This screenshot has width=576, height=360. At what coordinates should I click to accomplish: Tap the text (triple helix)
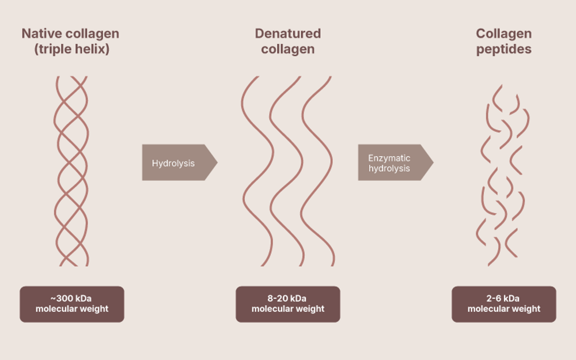point(72,49)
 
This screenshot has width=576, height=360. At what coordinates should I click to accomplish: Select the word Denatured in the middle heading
point(288,33)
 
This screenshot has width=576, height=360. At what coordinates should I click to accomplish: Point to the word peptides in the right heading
point(503,49)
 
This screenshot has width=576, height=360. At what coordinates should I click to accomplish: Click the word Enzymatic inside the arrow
point(389,158)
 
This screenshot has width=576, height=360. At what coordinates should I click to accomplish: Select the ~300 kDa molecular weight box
point(72,304)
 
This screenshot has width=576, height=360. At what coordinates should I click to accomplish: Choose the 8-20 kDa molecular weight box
point(288,304)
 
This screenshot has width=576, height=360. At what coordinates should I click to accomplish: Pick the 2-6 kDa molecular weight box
point(503,304)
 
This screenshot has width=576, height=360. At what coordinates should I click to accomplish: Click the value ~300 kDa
point(72,298)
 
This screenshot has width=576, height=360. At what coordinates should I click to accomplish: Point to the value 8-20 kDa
point(288,298)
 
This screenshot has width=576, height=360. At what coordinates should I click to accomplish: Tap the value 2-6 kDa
point(503,298)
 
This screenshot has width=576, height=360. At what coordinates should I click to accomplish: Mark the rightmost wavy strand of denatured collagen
point(317,173)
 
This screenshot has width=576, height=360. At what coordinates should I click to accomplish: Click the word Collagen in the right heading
point(503,33)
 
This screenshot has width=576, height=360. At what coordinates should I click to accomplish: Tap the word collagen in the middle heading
point(288,49)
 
